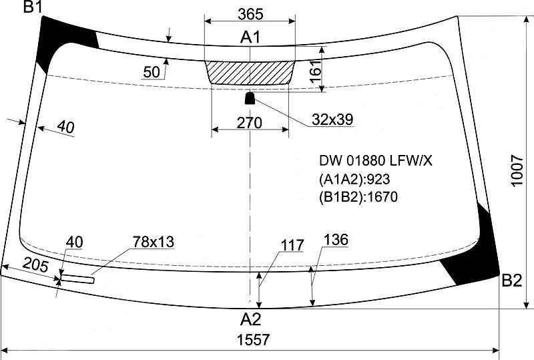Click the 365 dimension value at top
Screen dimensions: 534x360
pos(250,14)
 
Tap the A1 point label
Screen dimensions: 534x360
pos(250,37)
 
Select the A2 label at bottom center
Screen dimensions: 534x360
pos(250,319)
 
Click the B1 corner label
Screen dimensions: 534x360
pos(32,7)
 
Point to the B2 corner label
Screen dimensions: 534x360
pos(512,281)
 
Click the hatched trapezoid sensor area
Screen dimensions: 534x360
pos(250,73)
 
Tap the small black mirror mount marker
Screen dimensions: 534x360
pos(250,98)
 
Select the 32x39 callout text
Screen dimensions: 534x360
pos(332,120)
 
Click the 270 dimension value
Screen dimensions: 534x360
pos(249,123)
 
